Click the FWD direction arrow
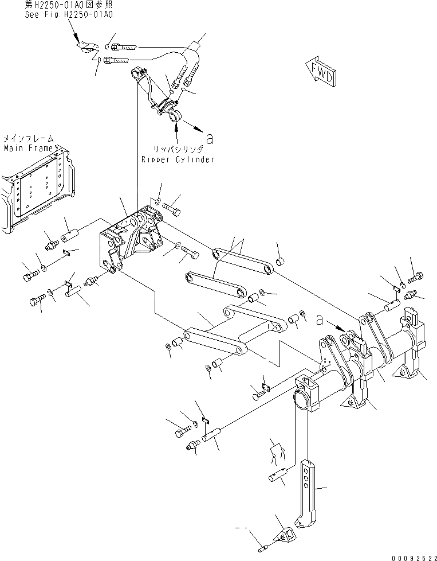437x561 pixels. [321, 71]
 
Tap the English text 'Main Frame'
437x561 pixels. [28, 148]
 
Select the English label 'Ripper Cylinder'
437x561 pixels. [178, 159]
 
